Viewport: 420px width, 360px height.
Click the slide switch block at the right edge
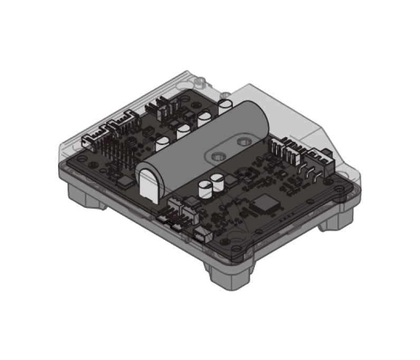tap(326, 159)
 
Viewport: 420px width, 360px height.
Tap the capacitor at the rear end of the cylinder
tap(225, 105)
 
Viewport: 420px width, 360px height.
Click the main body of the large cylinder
tap(206, 137)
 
